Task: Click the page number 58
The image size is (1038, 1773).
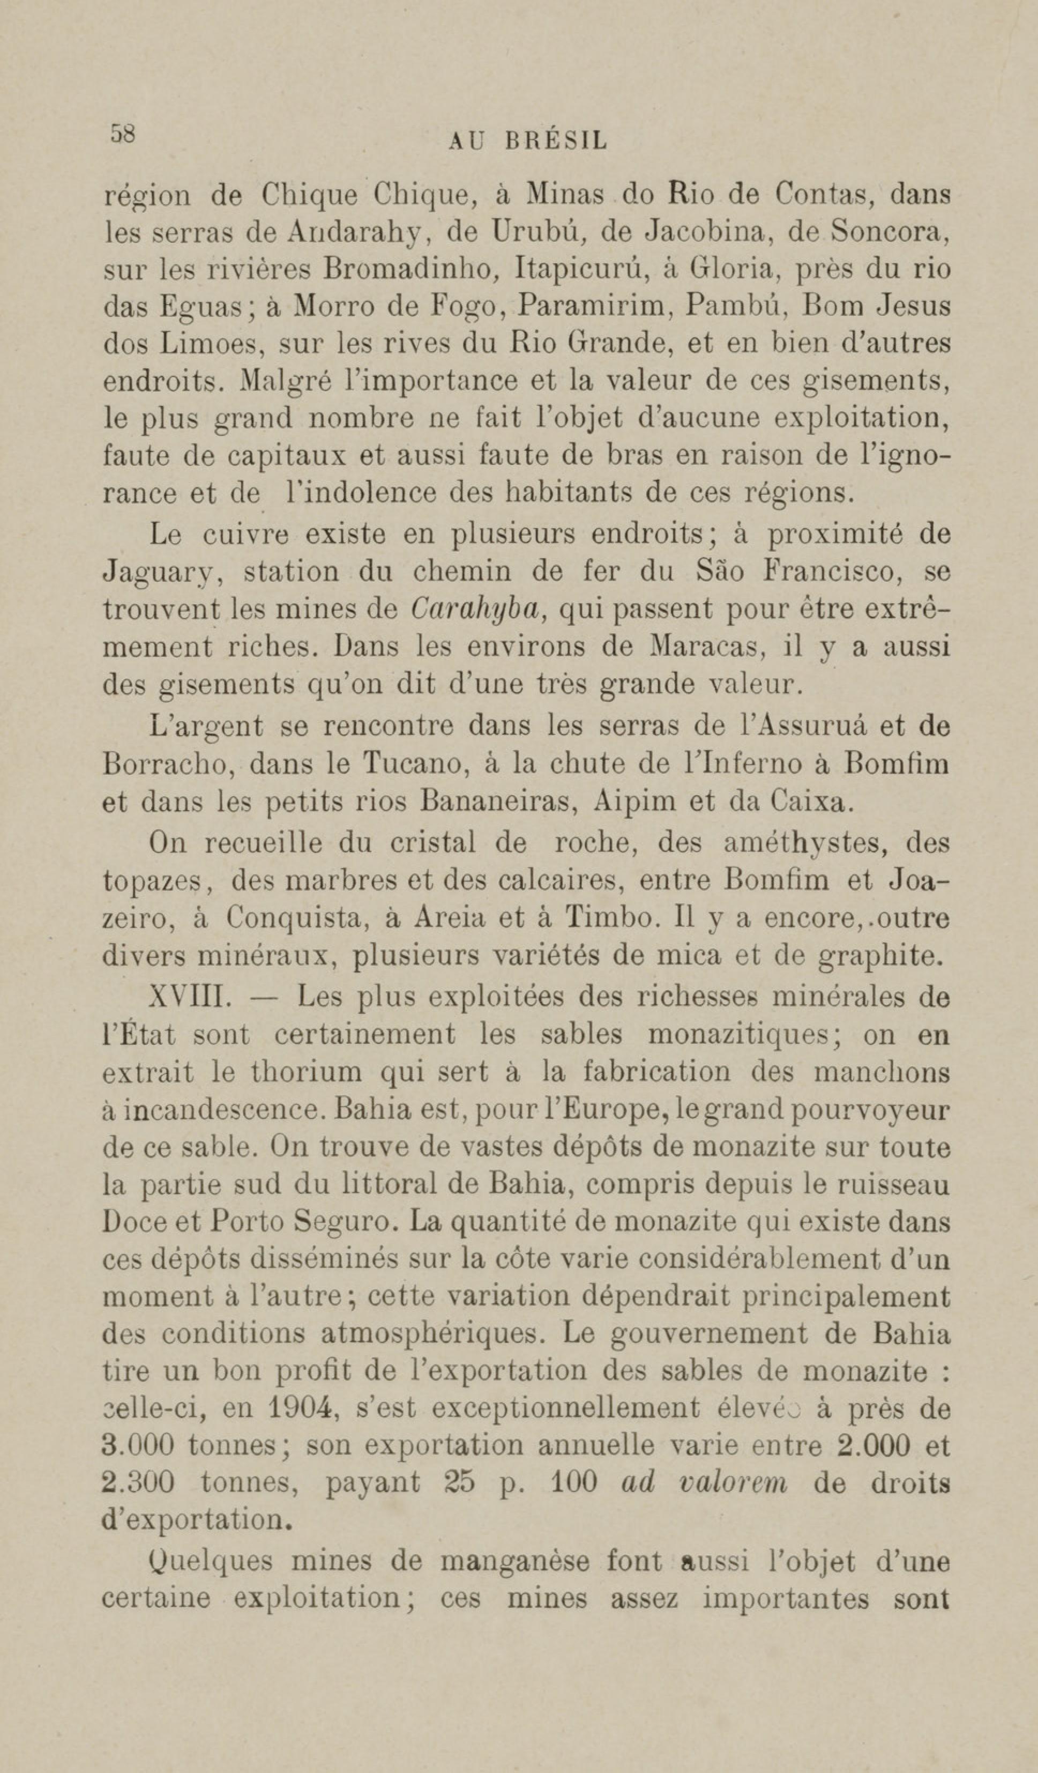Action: click(122, 133)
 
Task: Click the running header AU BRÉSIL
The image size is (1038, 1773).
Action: click(527, 142)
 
